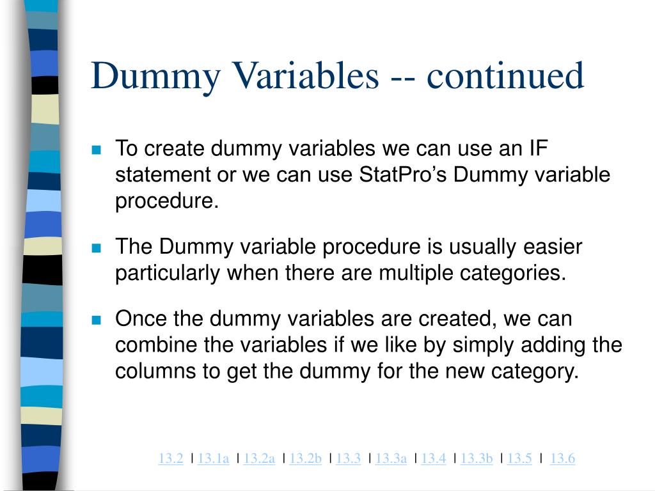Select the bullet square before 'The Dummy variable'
tap(97, 248)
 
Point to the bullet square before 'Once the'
tap(97, 320)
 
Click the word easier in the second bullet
tap(549, 247)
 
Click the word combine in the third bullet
tap(157, 345)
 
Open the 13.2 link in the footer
tap(171, 458)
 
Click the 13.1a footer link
tap(214, 458)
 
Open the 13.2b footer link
tap(305, 458)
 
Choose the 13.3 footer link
tap(349, 458)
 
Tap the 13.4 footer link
tap(434, 458)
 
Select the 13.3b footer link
tap(477, 458)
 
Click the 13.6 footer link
tap(563, 458)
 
